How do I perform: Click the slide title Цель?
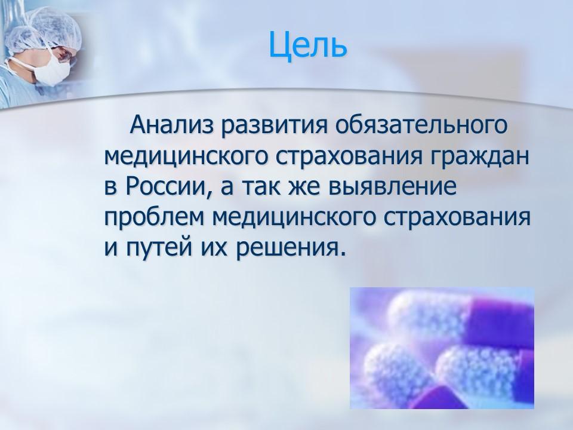[x=306, y=45]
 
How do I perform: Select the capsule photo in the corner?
[x=441, y=348]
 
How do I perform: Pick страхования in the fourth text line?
[x=460, y=217]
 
